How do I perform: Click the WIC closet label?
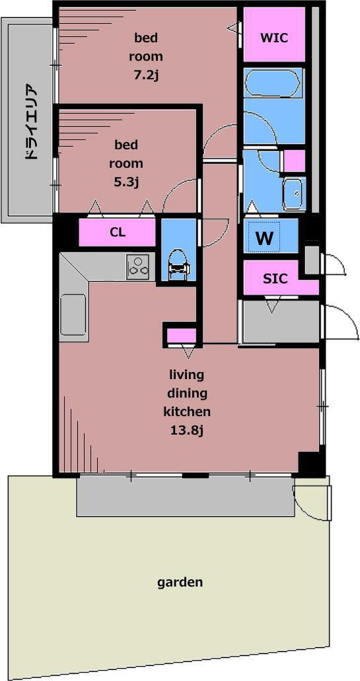click(x=273, y=38)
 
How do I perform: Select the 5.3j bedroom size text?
click(x=126, y=182)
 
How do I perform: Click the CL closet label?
click(x=118, y=233)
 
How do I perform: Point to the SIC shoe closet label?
click(x=275, y=278)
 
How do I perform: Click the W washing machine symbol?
click(x=264, y=238)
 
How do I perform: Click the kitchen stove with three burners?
click(x=138, y=267)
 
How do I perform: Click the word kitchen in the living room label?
click(x=187, y=412)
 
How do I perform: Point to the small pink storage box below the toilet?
click(x=182, y=336)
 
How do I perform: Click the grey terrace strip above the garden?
click(x=186, y=497)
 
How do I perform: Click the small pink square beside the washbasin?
click(x=295, y=161)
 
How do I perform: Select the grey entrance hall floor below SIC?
click(x=281, y=322)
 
